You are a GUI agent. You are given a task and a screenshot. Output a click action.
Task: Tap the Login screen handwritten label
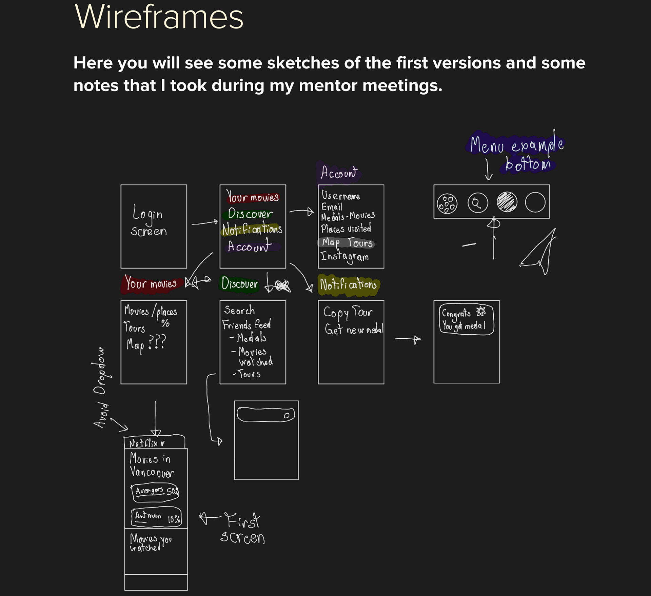click(x=149, y=220)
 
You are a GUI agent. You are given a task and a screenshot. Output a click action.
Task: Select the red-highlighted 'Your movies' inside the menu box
click(x=253, y=197)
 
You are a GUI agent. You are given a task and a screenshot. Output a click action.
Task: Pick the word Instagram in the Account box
click(x=344, y=257)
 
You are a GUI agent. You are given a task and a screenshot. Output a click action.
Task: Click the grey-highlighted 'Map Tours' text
click(x=347, y=243)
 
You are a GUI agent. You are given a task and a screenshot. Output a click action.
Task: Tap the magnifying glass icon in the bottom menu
click(x=477, y=203)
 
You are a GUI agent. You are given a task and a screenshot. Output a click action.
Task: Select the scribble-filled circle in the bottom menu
click(x=507, y=202)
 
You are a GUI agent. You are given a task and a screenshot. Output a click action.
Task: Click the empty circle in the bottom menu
click(x=535, y=202)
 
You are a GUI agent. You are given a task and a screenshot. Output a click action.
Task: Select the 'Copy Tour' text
click(x=348, y=312)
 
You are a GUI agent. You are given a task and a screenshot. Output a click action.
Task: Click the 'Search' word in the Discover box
click(x=239, y=310)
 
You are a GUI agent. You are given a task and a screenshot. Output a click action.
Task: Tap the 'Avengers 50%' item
click(x=156, y=492)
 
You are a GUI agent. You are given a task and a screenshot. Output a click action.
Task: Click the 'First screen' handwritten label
click(x=243, y=529)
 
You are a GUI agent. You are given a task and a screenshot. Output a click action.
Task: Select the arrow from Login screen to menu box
click(x=205, y=223)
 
